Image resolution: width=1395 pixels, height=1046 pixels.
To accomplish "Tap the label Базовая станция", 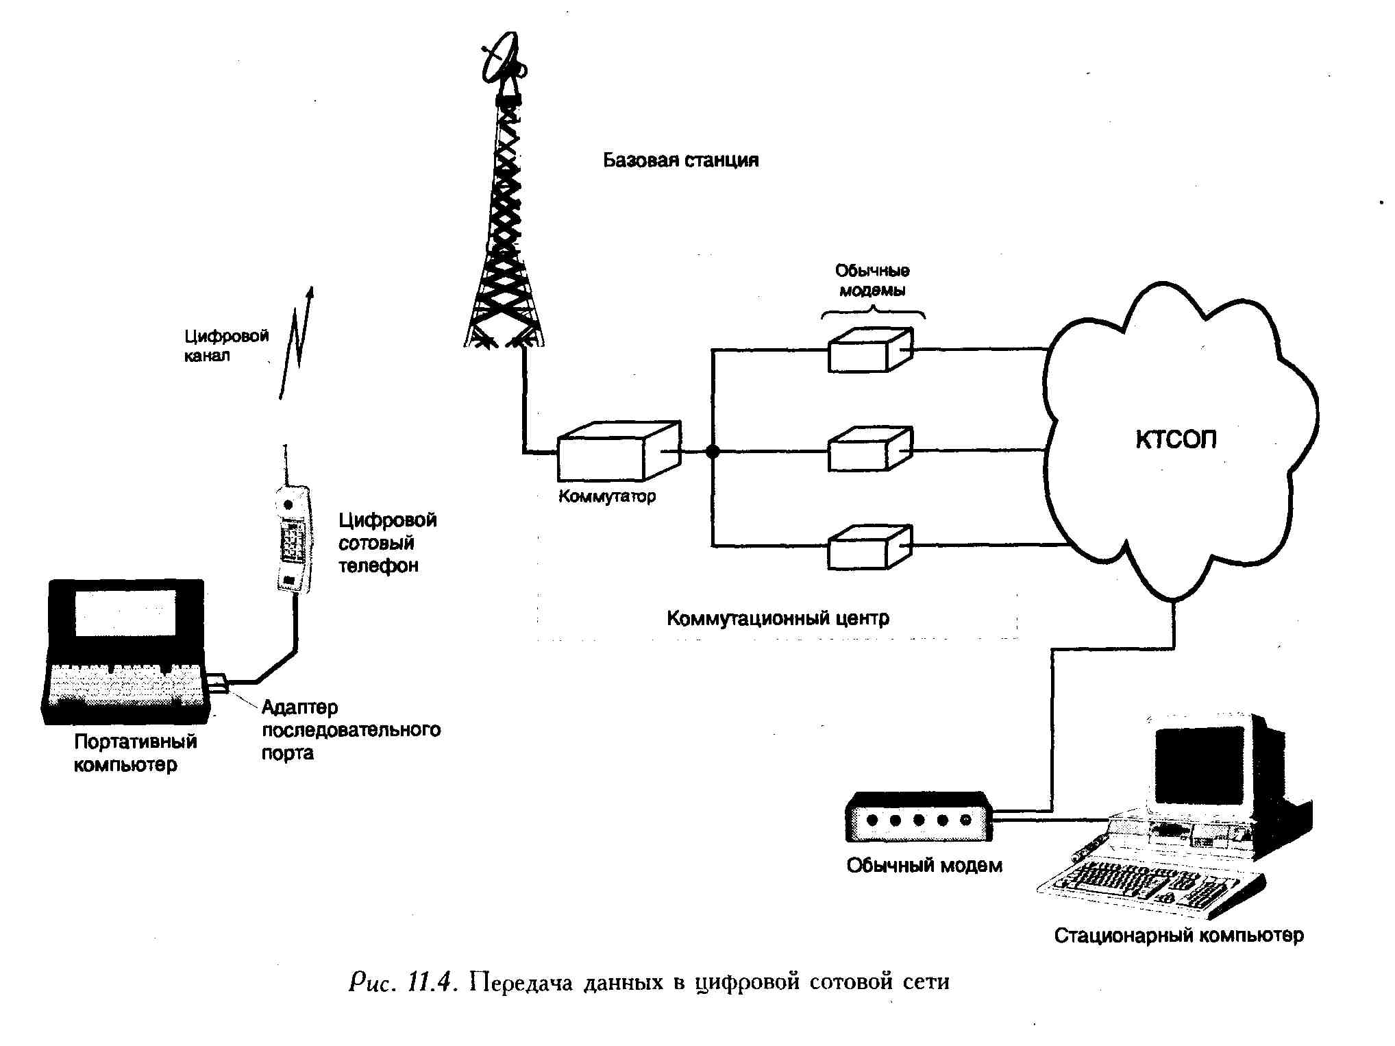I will coord(680,160).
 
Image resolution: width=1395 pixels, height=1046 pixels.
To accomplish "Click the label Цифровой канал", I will coord(225,345).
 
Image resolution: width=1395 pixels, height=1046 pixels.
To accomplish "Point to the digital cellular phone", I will coord(294,538).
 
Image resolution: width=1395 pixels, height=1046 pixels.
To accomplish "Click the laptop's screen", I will coord(125,612).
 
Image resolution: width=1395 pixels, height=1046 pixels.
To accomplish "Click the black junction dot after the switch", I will coord(713,452).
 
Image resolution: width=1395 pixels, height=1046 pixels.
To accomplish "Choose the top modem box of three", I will coord(869,351).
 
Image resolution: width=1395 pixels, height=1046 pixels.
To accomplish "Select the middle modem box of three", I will coord(869,450).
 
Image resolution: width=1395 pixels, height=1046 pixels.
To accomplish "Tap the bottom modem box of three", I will coord(869,548).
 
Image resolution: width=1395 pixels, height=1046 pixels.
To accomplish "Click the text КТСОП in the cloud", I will coord(1176,439).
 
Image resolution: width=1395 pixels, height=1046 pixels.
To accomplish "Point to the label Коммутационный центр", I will coord(778,618).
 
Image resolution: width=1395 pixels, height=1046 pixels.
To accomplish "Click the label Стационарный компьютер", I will coord(1178,936).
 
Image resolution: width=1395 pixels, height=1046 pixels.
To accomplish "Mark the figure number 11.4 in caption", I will coord(431,982).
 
